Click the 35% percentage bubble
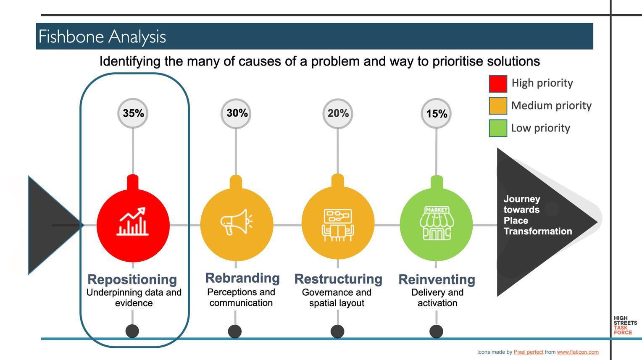(133, 113)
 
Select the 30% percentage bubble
(236, 113)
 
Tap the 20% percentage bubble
(338, 113)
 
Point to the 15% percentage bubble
(436, 113)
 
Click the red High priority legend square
(498, 84)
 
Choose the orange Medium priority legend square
(498, 106)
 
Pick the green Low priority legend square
(498, 128)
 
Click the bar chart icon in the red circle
(133, 222)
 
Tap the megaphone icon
(236, 222)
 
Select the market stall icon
(436, 223)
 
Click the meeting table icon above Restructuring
(338, 225)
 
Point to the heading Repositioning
(132, 279)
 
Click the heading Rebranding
(242, 278)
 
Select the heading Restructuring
(338, 279)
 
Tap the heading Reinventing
(437, 279)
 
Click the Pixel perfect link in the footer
(528, 352)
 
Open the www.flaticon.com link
(578, 352)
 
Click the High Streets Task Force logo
(625, 326)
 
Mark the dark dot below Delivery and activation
(436, 331)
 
